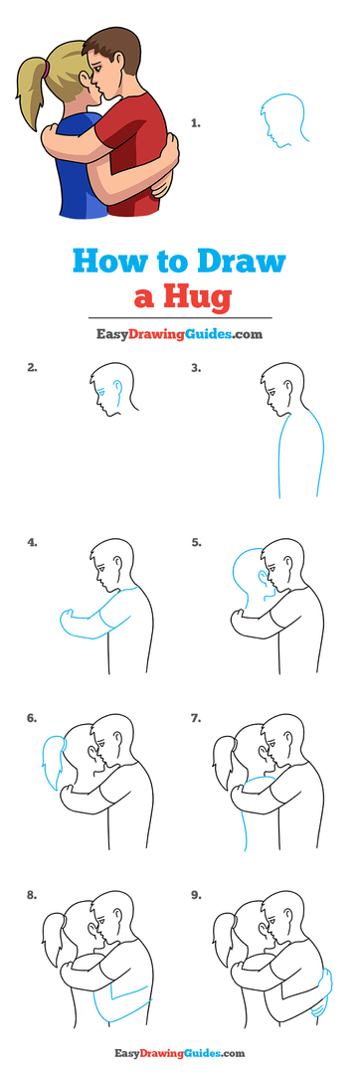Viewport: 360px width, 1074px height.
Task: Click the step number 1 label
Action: click(196, 123)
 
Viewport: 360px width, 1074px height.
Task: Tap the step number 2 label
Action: click(33, 367)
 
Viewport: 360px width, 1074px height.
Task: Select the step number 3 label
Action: click(196, 367)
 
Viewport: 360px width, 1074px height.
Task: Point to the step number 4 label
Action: click(33, 543)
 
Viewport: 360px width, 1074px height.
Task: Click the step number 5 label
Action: click(196, 543)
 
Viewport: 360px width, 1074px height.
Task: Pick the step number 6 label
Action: click(33, 717)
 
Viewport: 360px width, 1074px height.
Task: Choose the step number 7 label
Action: click(196, 717)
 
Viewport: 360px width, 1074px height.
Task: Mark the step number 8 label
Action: click(33, 894)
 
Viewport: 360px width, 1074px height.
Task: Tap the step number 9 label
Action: click(196, 894)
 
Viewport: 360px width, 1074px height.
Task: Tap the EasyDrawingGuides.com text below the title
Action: click(180, 334)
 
